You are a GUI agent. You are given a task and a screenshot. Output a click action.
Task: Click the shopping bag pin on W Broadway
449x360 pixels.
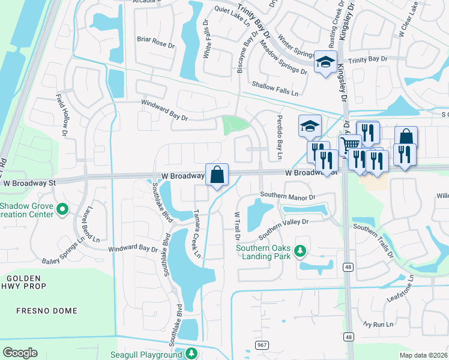tap(217, 175)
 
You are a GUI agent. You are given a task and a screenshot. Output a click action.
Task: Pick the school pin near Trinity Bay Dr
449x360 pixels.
tap(325, 62)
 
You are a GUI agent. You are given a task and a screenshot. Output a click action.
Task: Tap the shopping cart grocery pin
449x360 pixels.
tap(350, 144)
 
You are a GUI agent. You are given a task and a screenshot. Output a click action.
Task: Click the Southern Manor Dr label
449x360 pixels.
tap(287, 196)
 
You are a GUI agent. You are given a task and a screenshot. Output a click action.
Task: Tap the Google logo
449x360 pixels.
tap(20, 353)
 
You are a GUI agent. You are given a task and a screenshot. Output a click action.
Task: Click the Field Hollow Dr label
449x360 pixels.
tap(63, 113)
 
